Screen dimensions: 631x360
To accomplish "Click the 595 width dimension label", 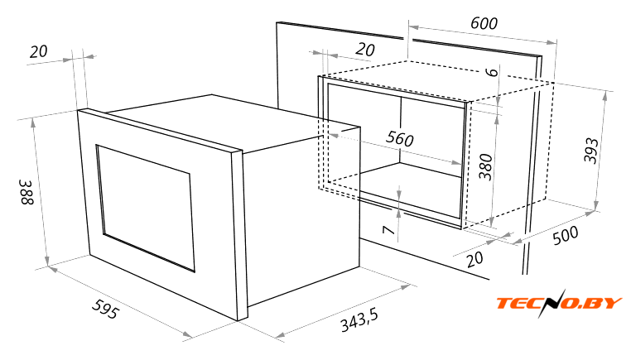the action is (106, 310).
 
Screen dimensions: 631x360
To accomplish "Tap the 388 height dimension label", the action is (27, 192).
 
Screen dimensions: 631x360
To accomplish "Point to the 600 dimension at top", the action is (484, 23).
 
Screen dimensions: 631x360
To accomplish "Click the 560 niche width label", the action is (400, 139).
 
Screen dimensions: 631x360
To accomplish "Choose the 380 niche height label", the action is (485, 167).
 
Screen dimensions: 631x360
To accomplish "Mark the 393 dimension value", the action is (591, 151).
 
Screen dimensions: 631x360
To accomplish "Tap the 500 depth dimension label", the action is (566, 235).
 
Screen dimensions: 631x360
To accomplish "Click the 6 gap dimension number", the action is (492, 72).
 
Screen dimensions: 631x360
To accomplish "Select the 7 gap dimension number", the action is (388, 230).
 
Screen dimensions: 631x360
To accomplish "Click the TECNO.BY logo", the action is (559, 303).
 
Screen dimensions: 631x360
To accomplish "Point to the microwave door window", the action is (145, 208).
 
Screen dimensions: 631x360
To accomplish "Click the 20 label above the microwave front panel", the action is (39, 52).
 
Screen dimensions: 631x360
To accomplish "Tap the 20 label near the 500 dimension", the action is (475, 259).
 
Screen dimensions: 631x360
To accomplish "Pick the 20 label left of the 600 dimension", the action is (365, 50).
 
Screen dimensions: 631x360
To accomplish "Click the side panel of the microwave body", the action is (302, 217).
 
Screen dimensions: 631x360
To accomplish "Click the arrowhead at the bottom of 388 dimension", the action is (47, 262).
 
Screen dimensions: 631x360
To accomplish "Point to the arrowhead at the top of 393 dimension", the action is (605, 96).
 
